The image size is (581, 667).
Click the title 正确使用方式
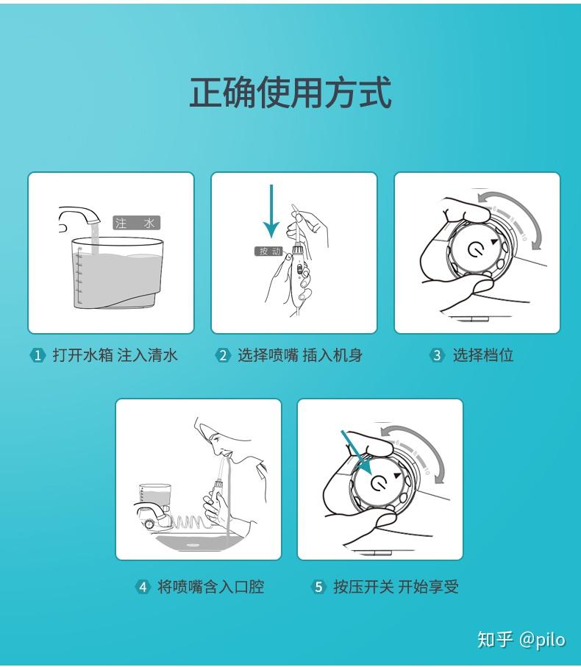pos(290,93)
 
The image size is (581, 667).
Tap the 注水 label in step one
pos(136,223)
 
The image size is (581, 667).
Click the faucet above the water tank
pos(79,216)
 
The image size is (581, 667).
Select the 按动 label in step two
pos(268,252)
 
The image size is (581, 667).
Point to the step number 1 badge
pos(37,356)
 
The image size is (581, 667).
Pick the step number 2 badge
pos(222,356)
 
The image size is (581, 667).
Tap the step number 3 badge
pos(437,356)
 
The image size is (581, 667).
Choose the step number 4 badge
pos(143,587)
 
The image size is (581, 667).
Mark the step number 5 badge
pos(318,587)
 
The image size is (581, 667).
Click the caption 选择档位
pos(482,356)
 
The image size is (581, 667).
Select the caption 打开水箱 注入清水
pos(115,356)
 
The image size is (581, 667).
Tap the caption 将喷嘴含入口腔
pos(210,587)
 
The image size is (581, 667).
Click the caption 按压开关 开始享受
pos(396,587)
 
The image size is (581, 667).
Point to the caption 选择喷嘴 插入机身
pos(299,356)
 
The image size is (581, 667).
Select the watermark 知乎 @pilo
pos(521,639)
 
